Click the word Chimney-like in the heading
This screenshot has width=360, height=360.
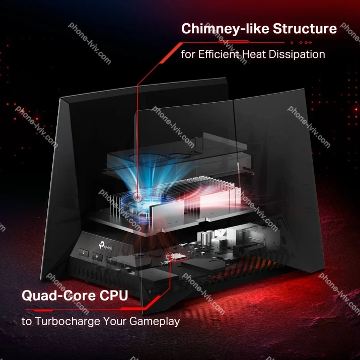pos(225,29)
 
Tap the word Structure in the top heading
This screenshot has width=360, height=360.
pos(305,28)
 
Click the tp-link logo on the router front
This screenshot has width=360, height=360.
pos(106,246)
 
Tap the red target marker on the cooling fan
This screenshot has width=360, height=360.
pos(137,197)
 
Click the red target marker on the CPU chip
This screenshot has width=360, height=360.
pos(170,256)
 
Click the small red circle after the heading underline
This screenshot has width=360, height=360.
pos(292,42)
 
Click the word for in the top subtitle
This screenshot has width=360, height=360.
pos(188,54)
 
